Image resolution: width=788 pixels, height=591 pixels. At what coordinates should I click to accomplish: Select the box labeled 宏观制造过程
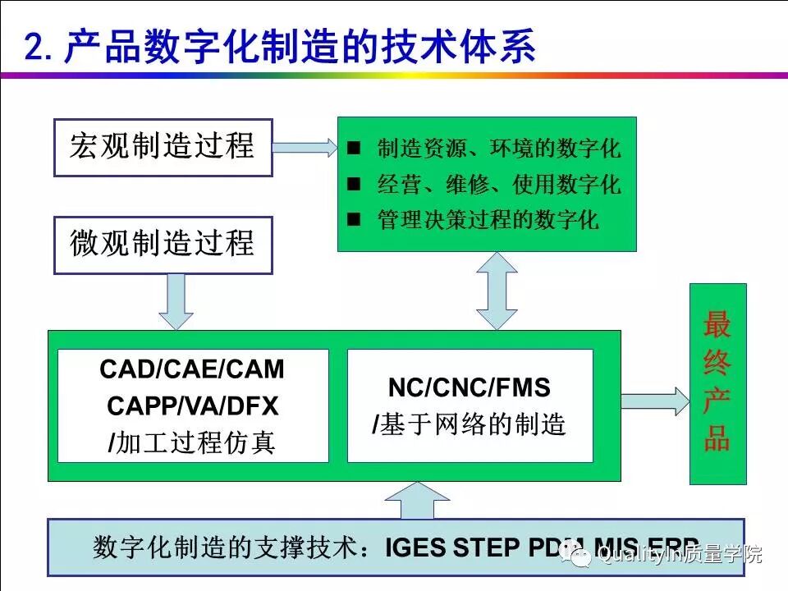[x=163, y=148]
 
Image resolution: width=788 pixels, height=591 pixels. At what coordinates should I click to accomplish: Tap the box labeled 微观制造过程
[x=163, y=245]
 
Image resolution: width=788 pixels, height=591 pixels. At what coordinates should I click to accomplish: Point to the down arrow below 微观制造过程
[x=176, y=300]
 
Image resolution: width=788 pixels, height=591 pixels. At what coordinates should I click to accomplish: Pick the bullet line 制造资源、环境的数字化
[x=498, y=149]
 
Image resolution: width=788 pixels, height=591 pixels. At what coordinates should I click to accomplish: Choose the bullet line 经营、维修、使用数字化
[x=498, y=185]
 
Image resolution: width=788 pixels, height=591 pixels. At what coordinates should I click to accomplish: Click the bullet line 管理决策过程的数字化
[x=488, y=220]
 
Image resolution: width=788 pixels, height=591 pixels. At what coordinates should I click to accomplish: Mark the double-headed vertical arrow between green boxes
[x=497, y=290]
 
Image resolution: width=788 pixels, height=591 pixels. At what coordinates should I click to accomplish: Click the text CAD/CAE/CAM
[x=192, y=370]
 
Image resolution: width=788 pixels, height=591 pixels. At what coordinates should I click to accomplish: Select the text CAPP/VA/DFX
[x=192, y=406]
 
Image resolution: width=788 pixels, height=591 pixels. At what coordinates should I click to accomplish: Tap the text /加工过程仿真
[x=192, y=443]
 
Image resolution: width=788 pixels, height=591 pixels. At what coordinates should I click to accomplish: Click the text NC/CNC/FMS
[x=470, y=388]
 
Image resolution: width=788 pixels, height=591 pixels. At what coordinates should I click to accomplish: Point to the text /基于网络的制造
[x=470, y=425]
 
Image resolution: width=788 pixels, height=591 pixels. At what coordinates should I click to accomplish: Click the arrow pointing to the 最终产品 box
[x=653, y=401]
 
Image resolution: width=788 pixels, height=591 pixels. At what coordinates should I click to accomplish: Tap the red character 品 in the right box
[x=717, y=440]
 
